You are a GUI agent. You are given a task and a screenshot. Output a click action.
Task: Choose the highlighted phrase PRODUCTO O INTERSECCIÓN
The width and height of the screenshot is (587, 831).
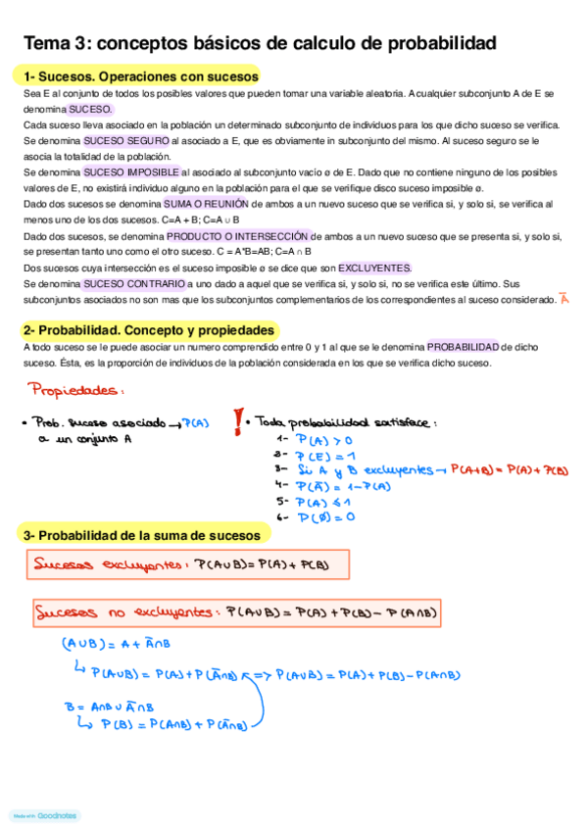pyautogui.click(x=239, y=236)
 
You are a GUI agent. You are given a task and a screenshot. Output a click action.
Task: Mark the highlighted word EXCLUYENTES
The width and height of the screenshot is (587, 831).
pyautogui.click(x=375, y=268)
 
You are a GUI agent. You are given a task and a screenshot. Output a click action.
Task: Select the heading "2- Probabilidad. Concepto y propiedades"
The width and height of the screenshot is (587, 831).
pyautogui.click(x=149, y=330)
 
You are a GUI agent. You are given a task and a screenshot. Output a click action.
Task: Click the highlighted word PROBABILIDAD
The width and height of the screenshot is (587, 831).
pyautogui.click(x=463, y=346)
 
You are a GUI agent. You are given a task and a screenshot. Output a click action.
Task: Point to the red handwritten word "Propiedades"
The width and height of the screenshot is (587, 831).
pyautogui.click(x=76, y=391)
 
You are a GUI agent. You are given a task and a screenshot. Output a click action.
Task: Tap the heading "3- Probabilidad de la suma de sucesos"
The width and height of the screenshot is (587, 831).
pyautogui.click(x=142, y=536)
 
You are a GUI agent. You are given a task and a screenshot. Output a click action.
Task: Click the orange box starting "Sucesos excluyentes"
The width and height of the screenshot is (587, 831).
pyautogui.click(x=175, y=565)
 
